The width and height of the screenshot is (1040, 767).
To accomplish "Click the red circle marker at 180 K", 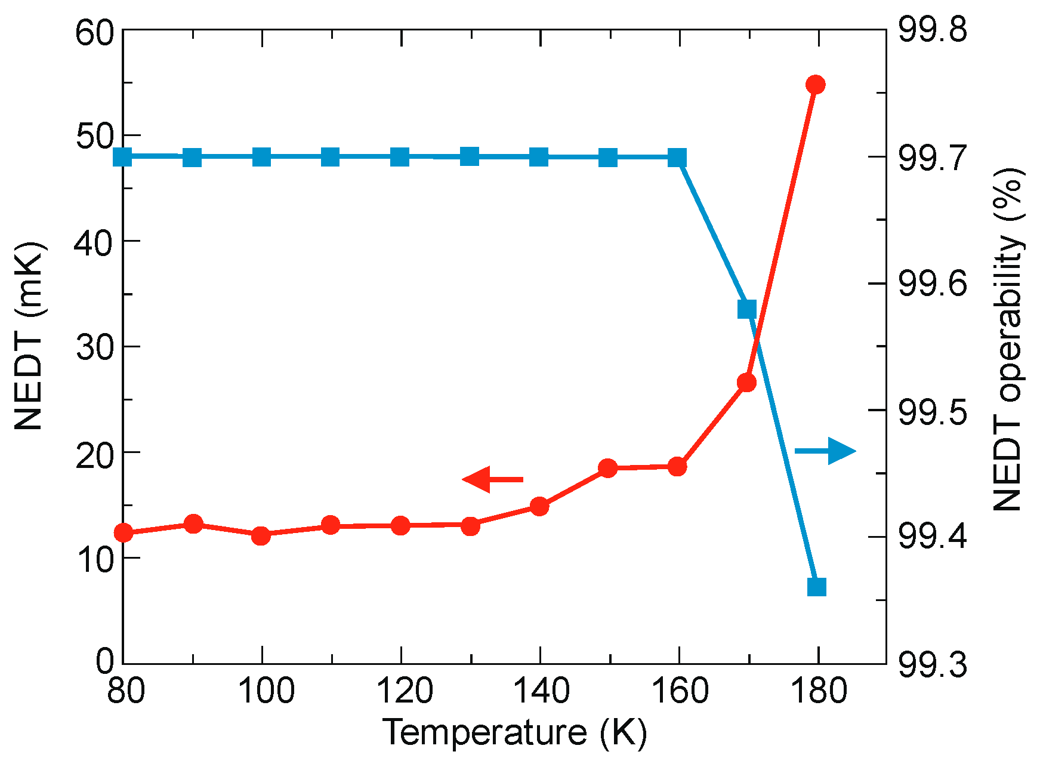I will tap(815, 85).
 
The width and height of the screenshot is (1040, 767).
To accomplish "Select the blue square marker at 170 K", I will tap(747, 309).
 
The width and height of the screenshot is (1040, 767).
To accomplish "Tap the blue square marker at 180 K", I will tap(816, 587).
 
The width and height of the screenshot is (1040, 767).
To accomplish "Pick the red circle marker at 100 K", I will tap(261, 535).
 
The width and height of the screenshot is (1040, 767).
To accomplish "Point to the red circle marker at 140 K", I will tap(539, 507).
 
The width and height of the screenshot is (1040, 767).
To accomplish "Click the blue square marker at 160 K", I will tap(677, 158).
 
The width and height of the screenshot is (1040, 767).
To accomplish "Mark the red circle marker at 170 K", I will tap(747, 383).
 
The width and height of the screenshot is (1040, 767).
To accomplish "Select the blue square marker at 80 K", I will tap(123, 157).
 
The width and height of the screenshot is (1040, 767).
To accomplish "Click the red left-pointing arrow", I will tap(492, 479).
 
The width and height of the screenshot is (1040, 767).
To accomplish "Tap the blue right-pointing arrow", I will tap(826, 451).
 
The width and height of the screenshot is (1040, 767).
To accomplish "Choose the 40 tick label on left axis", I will tap(94, 242).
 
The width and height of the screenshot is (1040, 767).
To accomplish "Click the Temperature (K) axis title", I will tap(514, 732).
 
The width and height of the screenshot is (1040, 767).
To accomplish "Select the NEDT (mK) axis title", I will tap(30, 336).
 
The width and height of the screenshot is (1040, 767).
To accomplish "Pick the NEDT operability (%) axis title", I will tap(1008, 339).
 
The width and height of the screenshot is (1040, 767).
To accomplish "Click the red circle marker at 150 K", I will tap(608, 468).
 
